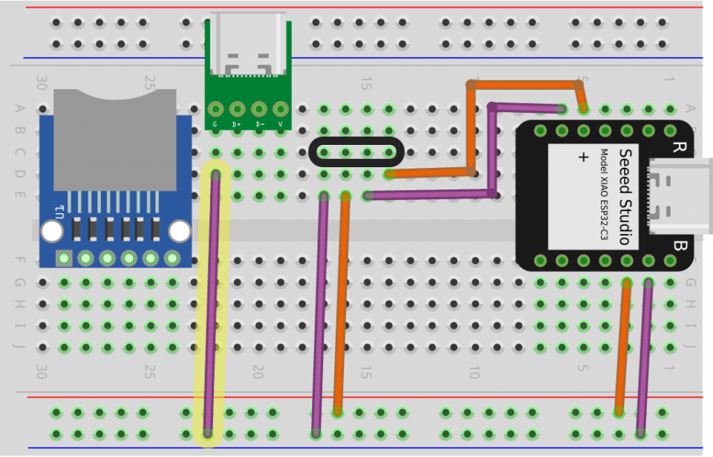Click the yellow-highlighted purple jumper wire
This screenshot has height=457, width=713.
(x=212, y=305)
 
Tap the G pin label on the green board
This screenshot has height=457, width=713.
(x=215, y=124)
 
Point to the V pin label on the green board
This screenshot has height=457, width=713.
(x=281, y=124)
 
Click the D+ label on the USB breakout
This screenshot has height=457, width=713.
(x=237, y=124)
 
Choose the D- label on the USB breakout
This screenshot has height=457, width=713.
(x=259, y=124)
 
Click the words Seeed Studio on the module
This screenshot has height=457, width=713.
(x=625, y=196)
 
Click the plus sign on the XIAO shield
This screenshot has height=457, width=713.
(x=583, y=158)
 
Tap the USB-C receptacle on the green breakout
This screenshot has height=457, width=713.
(x=248, y=45)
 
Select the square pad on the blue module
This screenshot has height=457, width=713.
(x=65, y=259)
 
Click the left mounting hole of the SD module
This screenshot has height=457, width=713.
(x=52, y=232)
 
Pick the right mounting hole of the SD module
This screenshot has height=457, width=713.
(x=180, y=232)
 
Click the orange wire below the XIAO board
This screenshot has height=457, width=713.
(x=622, y=349)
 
